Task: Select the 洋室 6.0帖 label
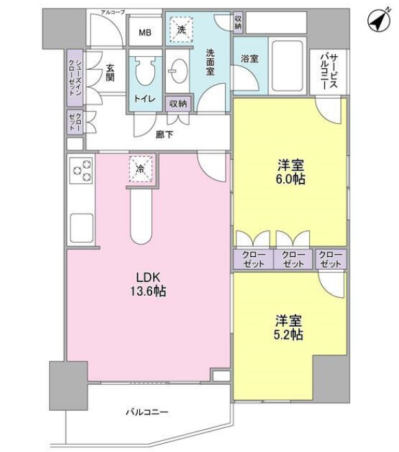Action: click(x=291, y=172)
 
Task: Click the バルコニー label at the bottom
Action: click(x=147, y=412)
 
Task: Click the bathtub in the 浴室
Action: click(x=289, y=58)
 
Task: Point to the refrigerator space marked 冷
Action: click(x=140, y=169)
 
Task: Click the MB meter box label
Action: click(x=146, y=32)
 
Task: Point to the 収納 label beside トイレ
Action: click(x=178, y=103)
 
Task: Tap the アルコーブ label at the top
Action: click(x=111, y=12)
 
